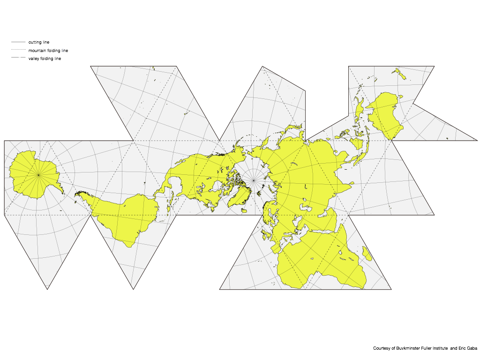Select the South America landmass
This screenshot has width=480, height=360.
124,218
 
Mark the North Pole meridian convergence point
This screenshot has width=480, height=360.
254,180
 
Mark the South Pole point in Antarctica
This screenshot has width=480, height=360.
39,175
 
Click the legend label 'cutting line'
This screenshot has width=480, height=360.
38,42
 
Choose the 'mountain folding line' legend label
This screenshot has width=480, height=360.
48,51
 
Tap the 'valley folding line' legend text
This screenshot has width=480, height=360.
45,59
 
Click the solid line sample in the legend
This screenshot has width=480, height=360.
18,42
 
